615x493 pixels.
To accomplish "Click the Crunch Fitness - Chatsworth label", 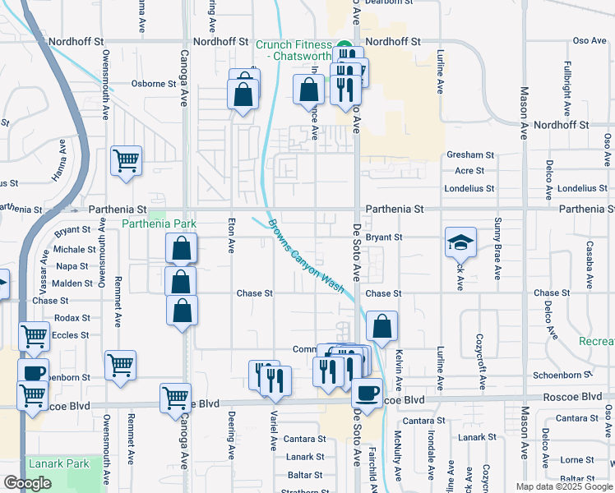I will [292, 49].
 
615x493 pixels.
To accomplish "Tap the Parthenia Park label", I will [160, 223].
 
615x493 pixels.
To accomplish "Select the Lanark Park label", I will [58, 463].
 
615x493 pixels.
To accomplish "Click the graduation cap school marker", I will [460, 242].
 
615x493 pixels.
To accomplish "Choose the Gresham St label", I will [469, 154].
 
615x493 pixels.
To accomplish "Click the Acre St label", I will [469, 171].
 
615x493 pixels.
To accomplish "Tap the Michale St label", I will [75, 249].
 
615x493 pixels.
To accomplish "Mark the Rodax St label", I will [72, 318].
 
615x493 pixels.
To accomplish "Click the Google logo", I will [27, 482].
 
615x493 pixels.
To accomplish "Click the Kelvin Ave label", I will [399, 369].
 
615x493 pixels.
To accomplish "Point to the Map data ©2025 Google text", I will [563, 486].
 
